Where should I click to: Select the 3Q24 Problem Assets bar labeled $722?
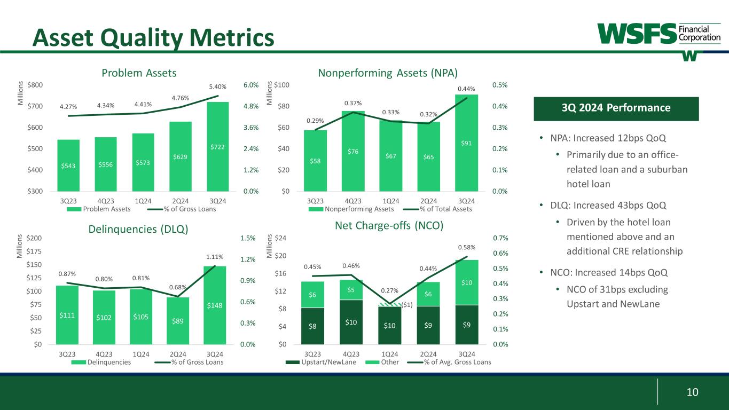point(217,146)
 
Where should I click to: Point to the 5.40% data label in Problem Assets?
point(217,87)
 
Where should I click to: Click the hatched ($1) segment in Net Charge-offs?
point(389,304)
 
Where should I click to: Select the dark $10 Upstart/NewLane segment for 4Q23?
point(351,322)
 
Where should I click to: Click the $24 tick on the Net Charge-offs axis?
point(285,238)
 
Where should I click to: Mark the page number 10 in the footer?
point(692,392)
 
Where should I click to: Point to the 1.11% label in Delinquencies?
point(215,256)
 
